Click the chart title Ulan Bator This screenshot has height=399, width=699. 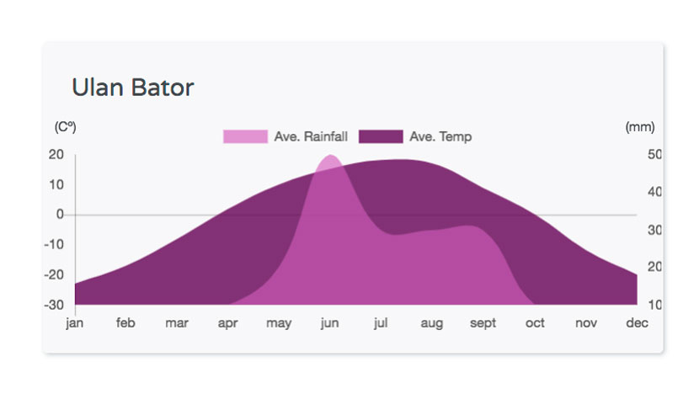pyautogui.click(x=133, y=88)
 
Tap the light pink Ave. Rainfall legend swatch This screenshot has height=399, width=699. pyautogui.click(x=245, y=136)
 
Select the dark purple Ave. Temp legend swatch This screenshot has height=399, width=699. pyautogui.click(x=381, y=136)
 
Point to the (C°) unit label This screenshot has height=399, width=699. pyautogui.click(x=65, y=127)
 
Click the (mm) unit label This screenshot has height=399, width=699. pyautogui.click(x=640, y=127)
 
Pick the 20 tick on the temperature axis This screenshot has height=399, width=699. pyautogui.click(x=56, y=154)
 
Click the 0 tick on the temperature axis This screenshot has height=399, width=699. pyautogui.click(x=60, y=215)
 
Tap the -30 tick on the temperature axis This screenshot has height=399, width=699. pyautogui.click(x=54, y=305)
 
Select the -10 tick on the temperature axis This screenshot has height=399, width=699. pyautogui.click(x=54, y=244)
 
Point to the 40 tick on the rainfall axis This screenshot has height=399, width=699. pyautogui.click(x=655, y=192)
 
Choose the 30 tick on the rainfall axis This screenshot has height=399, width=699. pyautogui.click(x=655, y=230)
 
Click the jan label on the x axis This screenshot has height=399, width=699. pyautogui.click(x=74, y=322)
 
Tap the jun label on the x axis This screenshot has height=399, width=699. pyautogui.click(x=329, y=322)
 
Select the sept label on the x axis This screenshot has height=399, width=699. pyautogui.click(x=483, y=323)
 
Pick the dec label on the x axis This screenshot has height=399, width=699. pyautogui.click(x=637, y=322)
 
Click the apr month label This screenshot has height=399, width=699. pyautogui.click(x=227, y=323)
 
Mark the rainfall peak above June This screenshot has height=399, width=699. pyautogui.click(x=330, y=155)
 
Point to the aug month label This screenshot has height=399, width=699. pyautogui.click(x=431, y=323)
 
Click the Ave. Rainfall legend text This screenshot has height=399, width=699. pyautogui.click(x=311, y=136)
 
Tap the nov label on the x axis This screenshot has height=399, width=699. pyautogui.click(x=586, y=323)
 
